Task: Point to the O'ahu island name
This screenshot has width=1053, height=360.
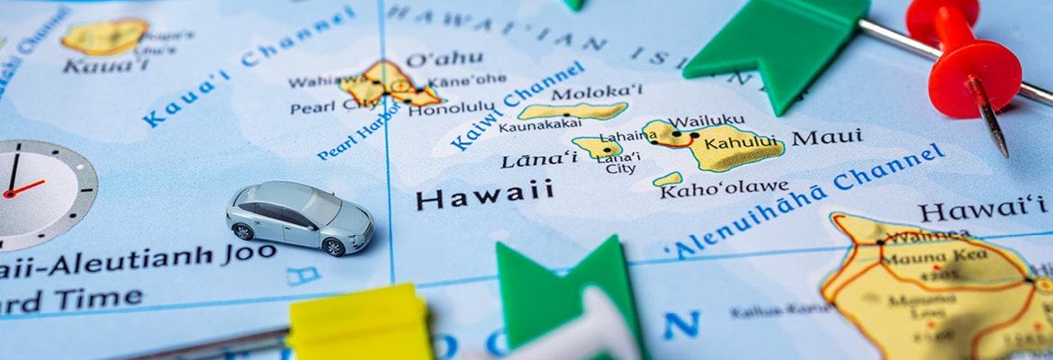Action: [x=444, y=59]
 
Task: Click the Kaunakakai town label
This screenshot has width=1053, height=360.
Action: [x=540, y=126]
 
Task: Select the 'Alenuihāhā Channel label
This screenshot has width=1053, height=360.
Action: [x=805, y=198]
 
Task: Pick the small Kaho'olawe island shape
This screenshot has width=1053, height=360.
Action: [x=668, y=179]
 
